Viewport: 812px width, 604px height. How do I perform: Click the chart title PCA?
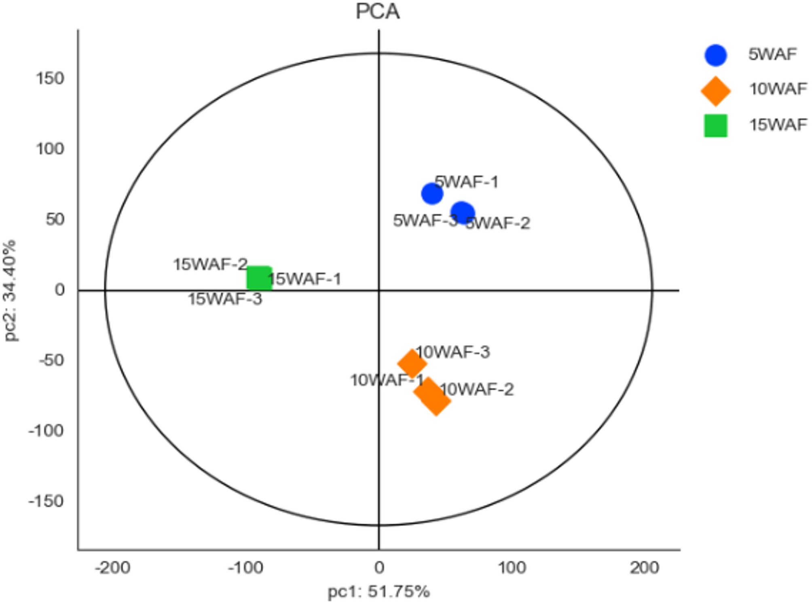[377, 11]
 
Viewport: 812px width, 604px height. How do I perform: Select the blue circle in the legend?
[715, 55]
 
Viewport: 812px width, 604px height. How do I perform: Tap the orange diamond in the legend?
[715, 91]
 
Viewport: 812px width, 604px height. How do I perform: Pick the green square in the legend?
[715, 126]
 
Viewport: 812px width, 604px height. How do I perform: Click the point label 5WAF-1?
[466, 182]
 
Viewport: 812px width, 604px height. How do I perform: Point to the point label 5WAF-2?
[498, 223]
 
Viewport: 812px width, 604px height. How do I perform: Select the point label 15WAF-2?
[210, 265]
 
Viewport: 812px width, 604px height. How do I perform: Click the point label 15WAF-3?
[225, 299]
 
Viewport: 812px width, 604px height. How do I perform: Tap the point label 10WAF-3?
[453, 352]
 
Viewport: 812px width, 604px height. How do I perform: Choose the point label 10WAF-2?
[477, 390]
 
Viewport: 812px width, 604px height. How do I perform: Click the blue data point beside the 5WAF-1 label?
[432, 194]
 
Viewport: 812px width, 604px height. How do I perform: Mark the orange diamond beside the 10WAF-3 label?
[412, 363]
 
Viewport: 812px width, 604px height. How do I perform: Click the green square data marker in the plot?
[259, 278]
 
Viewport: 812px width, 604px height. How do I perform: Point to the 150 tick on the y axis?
[50, 78]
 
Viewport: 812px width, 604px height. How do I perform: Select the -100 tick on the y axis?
[46, 431]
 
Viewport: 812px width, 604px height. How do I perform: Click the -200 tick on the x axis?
[112, 568]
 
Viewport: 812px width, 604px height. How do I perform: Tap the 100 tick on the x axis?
[512, 568]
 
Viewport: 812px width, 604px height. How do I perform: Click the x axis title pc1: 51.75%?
[379, 592]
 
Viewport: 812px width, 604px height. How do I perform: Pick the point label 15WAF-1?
[305, 279]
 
